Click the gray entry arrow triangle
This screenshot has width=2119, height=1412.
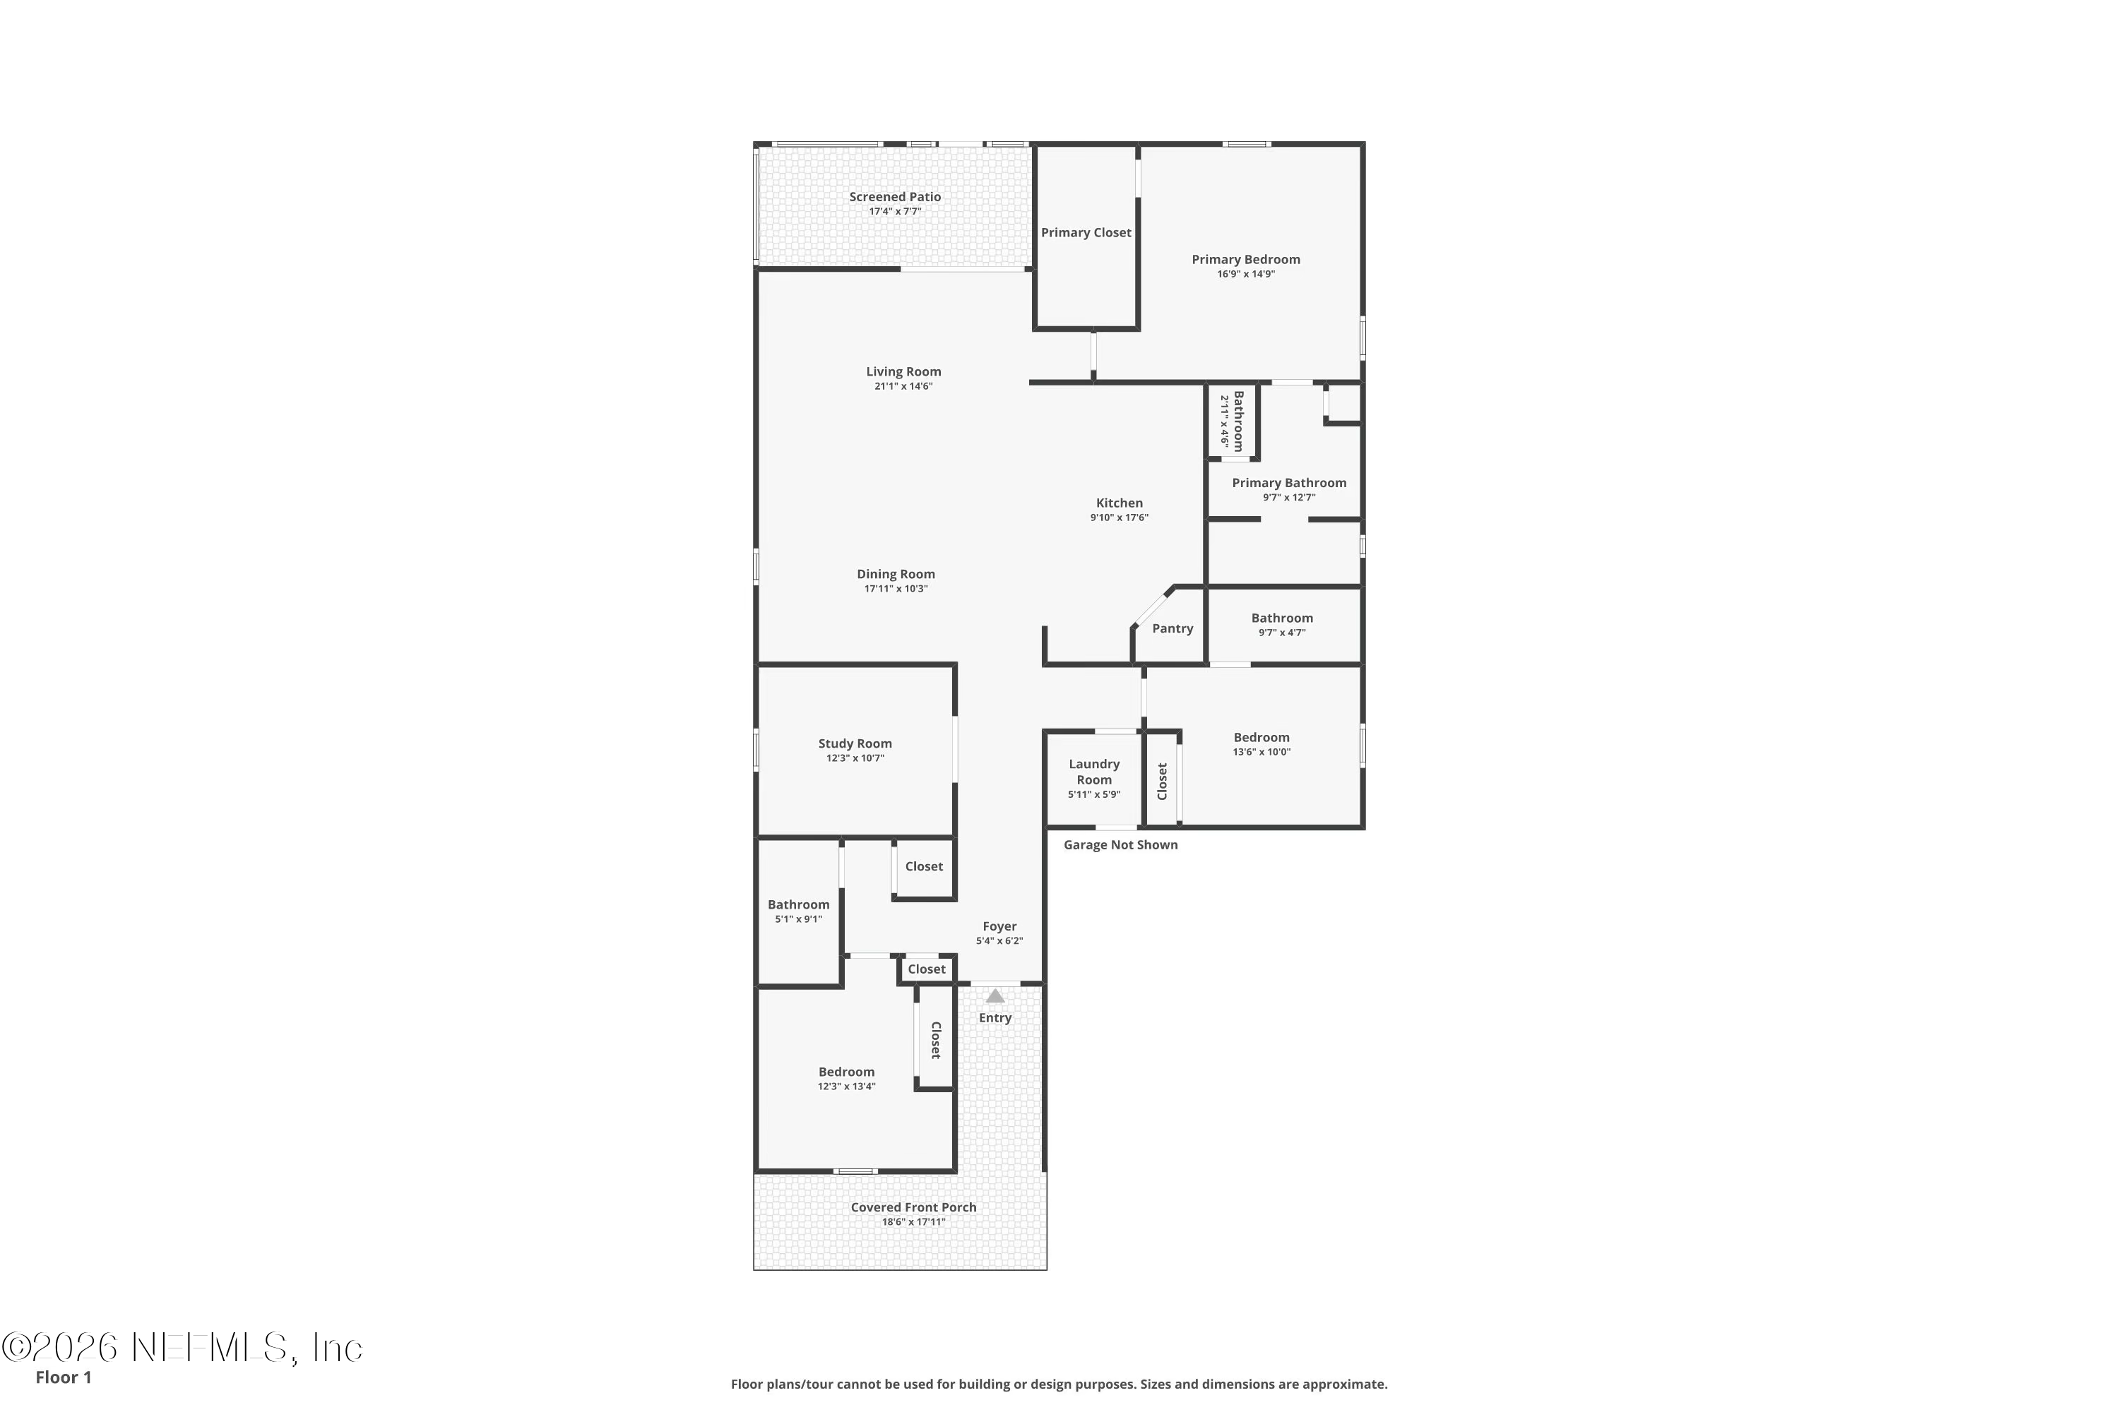(995, 996)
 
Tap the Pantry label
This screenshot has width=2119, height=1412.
(1172, 628)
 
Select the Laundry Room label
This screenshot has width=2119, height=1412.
(1093, 772)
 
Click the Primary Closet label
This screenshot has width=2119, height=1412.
(1086, 232)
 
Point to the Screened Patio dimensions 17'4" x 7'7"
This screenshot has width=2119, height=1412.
(895, 212)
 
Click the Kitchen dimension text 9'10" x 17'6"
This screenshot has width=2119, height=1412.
(1119, 517)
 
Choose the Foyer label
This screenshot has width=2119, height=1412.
(999, 926)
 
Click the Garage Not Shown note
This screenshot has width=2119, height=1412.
(1120, 844)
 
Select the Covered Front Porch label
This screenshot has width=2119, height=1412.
(913, 1207)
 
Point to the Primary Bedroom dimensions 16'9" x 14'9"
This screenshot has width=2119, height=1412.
(1246, 274)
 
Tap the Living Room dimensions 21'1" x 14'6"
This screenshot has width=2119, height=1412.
(903, 386)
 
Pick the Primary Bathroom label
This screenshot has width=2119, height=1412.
(1289, 483)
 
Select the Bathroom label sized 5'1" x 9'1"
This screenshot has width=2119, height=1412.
(798, 904)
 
